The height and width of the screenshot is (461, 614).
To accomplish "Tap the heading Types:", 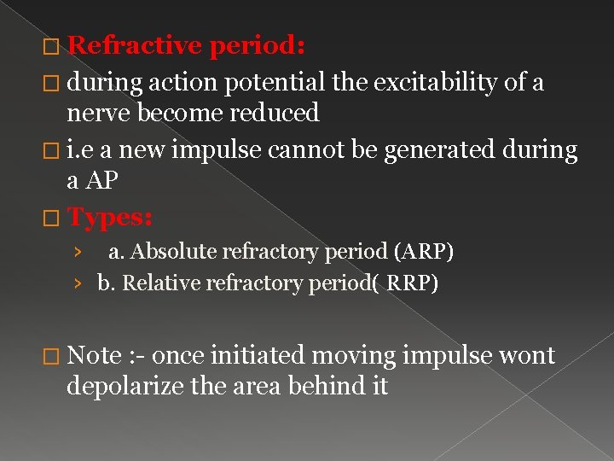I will tap(109, 218).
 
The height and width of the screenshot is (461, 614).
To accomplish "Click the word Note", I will tap(95, 355).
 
